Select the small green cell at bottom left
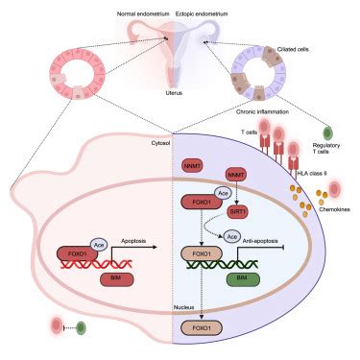point(81,327)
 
